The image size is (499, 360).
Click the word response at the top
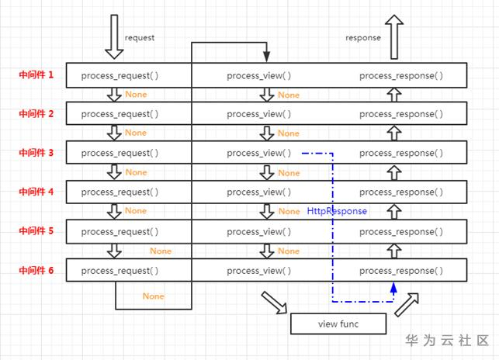pos(363,37)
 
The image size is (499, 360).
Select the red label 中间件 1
pos(36,75)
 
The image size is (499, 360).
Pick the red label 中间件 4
pos(36,191)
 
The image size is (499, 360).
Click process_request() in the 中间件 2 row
pos(120,114)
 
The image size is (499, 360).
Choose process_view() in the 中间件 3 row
pos(259,153)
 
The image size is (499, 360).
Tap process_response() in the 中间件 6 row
pos(401,271)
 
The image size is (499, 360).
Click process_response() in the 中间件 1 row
pos(401,75)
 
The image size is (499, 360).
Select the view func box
pos(338,323)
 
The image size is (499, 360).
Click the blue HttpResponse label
pos(337,211)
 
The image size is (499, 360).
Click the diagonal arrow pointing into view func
pos(273,302)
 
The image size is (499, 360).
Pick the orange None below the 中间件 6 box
pos(154,296)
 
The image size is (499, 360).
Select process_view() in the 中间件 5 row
pos(259,231)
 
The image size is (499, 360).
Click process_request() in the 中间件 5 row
pos(120,231)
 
